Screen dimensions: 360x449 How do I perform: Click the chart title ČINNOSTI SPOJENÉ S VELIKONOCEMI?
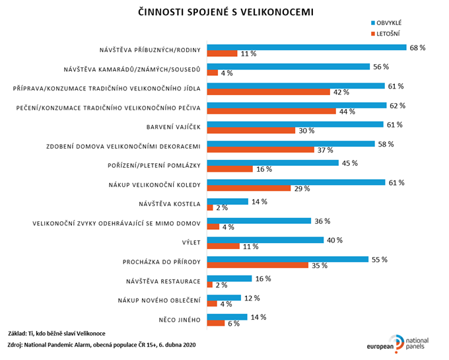[225, 12]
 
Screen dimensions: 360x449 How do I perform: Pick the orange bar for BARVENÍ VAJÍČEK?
[251, 131]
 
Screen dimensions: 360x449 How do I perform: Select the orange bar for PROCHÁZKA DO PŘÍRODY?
[258, 266]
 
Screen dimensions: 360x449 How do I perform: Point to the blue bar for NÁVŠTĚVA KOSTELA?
[228, 201]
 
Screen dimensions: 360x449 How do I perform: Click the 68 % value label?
[418, 48]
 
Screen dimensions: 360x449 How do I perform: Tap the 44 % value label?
[348, 112]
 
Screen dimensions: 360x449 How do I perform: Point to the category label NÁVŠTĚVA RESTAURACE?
[163, 281]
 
